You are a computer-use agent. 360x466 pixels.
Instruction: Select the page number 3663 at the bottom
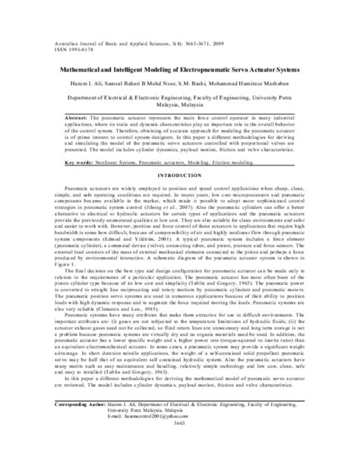click(x=179, y=450)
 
